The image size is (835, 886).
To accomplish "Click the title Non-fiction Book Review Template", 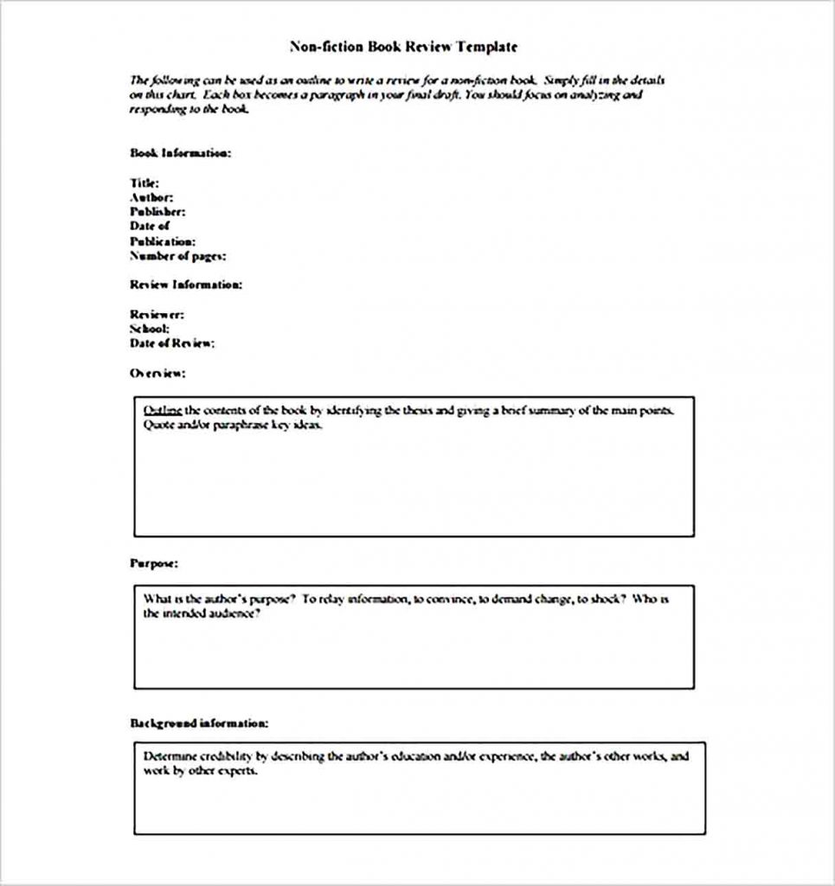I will pos(403,46).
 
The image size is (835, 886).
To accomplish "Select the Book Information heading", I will pos(180,153).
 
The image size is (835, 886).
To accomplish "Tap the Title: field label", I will pos(144,183).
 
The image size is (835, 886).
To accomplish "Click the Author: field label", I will pos(151,197).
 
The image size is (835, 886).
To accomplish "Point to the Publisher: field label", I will pos(157,212).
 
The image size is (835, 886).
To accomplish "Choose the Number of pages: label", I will pos(178,256).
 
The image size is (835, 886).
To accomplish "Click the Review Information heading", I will pos(186,285).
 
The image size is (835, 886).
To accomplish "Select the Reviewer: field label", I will pos(157,315).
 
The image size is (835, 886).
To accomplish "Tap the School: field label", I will pos(149,329).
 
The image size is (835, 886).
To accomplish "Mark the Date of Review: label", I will pos(172,343).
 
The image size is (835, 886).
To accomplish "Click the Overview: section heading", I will pos(157,373).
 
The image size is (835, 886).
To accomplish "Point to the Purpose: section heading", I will pos(154,563).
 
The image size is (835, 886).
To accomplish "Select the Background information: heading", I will pos(198,722).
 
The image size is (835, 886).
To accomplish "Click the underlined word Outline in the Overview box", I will pos(163,410).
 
